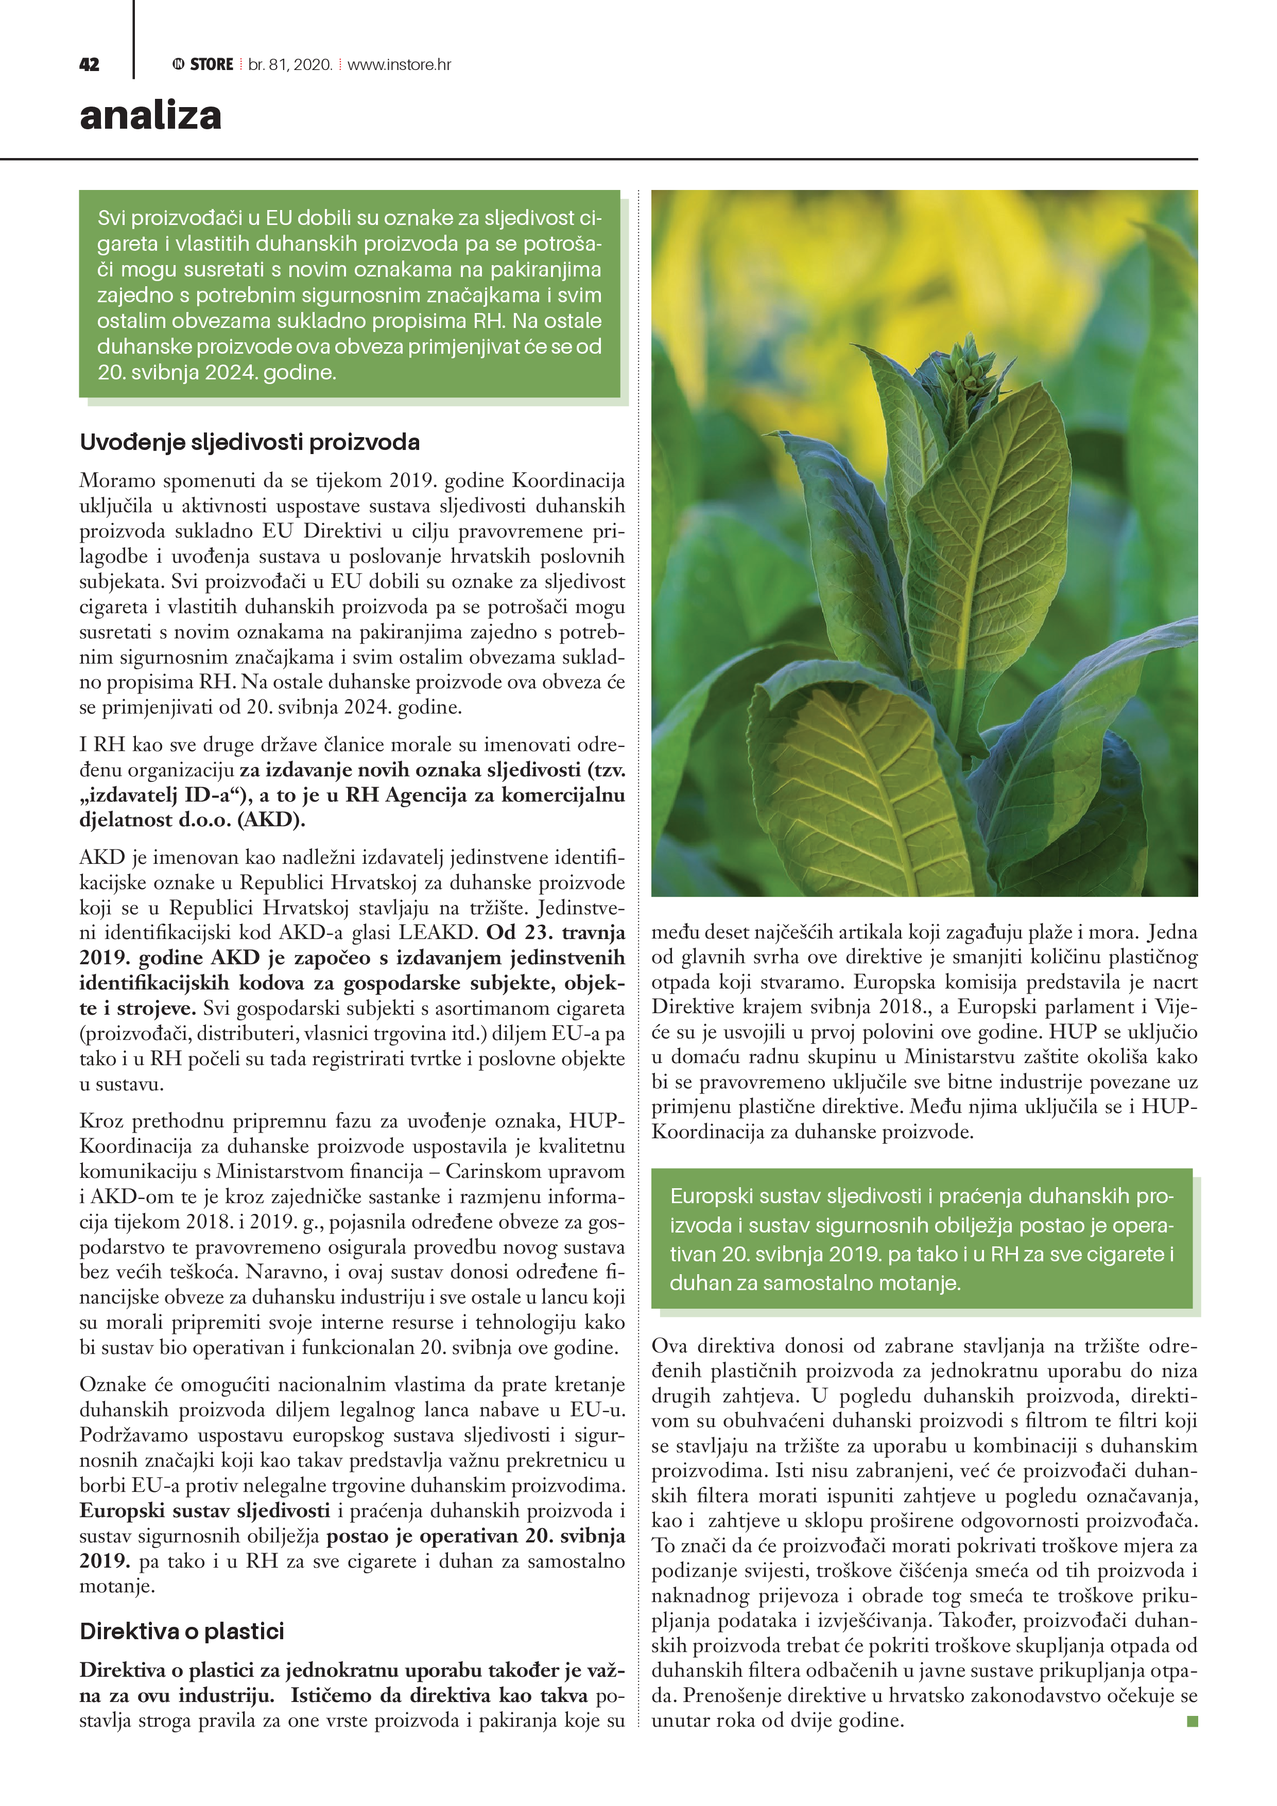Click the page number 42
coord(89,64)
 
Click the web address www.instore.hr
coord(399,64)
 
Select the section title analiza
coord(150,115)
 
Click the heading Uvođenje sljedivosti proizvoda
coord(249,442)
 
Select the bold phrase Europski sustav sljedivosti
coord(204,1511)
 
